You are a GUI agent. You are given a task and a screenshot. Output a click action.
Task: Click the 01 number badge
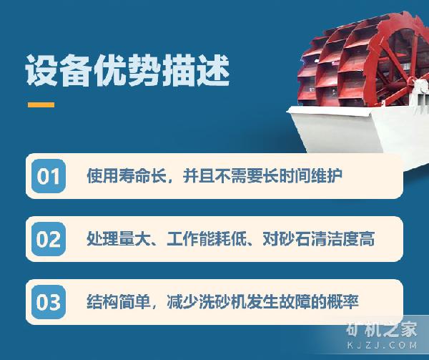coord(49,176)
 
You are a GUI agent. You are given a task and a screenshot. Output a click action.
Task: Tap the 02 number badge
coord(49,239)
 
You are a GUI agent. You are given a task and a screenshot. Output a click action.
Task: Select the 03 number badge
coord(49,302)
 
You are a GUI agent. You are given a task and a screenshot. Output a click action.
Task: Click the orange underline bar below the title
coord(41,105)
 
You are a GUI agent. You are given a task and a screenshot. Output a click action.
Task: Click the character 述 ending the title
coord(213,70)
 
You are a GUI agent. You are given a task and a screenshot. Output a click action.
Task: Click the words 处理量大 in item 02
coord(119,239)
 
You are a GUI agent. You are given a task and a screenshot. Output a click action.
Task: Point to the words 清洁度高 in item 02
coord(343,239)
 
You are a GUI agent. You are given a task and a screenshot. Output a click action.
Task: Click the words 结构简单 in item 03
coord(119,302)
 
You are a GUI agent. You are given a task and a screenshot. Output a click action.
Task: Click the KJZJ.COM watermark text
coord(383,345)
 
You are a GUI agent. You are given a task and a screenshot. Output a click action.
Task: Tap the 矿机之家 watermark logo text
coord(381,329)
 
